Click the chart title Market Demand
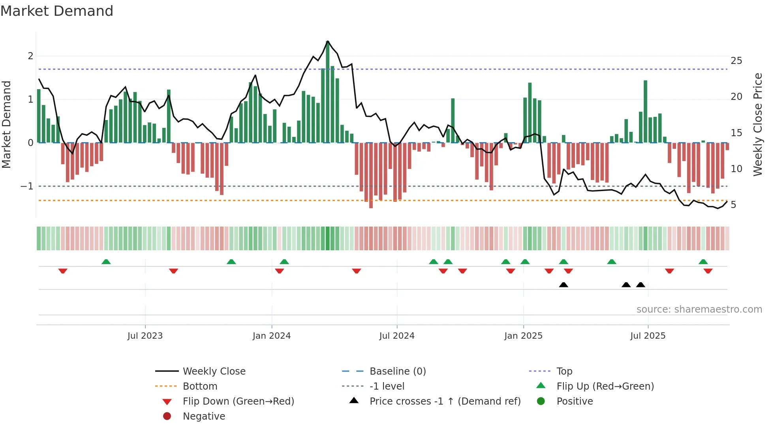[x=57, y=11]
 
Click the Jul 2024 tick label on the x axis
[x=397, y=336]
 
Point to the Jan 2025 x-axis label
[x=523, y=336]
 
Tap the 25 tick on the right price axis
[x=736, y=61]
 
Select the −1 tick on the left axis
[x=27, y=186]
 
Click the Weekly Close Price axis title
[x=757, y=124]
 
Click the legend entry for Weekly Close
[x=214, y=371]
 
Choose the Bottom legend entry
[x=200, y=386]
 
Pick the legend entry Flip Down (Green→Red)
[x=238, y=401]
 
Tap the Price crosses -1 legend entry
[x=445, y=401]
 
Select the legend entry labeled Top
[x=564, y=371]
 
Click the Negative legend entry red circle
[x=167, y=416]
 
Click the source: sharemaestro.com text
[x=699, y=309]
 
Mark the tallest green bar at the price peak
[x=328, y=91]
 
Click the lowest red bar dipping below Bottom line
[x=371, y=176]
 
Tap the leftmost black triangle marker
[x=564, y=285]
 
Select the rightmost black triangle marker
[x=641, y=285]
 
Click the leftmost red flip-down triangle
[x=63, y=271]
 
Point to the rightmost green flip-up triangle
[x=703, y=262]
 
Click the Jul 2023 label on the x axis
[x=145, y=336]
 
